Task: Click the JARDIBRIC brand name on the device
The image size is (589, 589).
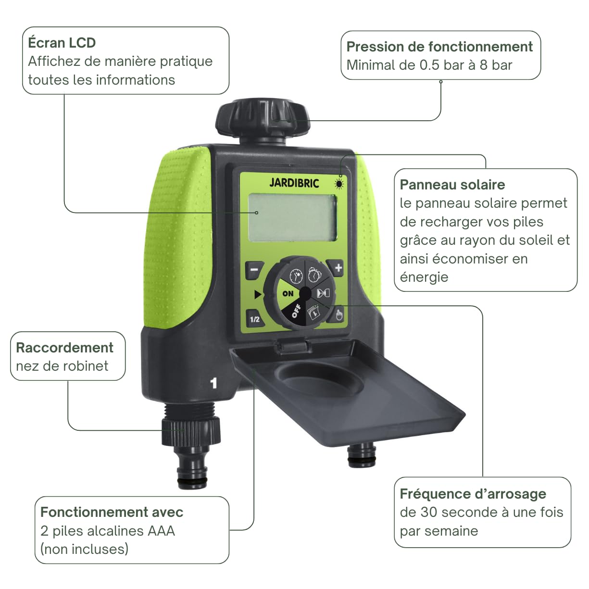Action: [x=294, y=183]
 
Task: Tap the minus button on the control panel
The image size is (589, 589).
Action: [x=254, y=270]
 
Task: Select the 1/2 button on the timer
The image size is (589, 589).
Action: [x=255, y=319]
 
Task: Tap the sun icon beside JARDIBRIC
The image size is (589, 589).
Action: [x=339, y=184]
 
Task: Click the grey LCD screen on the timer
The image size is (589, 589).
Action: [x=292, y=218]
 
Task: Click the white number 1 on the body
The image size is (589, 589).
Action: [x=213, y=383]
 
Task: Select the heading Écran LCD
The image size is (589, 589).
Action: [x=62, y=42]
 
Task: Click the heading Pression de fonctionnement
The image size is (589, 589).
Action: [x=439, y=47]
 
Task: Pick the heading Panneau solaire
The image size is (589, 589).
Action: [x=452, y=185]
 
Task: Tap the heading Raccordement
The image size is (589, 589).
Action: [x=64, y=348]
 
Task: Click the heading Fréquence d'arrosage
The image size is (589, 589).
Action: [x=473, y=494]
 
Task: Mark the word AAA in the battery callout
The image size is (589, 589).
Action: [x=161, y=531]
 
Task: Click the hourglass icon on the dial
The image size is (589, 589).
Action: [x=323, y=293]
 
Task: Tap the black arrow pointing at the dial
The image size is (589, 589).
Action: [x=258, y=294]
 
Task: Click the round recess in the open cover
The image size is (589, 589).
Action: [x=320, y=378]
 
